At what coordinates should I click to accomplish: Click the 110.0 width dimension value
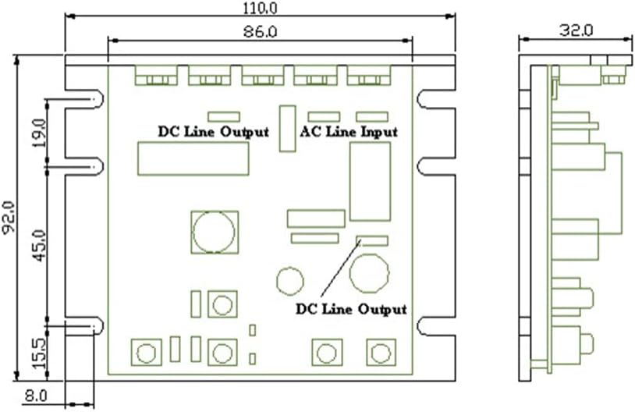[260, 9]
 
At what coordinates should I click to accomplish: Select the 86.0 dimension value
[260, 32]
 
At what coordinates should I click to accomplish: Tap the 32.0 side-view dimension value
[576, 30]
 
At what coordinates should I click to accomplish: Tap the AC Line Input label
[349, 132]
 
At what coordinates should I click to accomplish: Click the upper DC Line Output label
[213, 132]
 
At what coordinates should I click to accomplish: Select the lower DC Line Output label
[351, 309]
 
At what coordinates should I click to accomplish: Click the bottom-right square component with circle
[380, 353]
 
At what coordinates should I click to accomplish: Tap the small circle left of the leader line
[289, 279]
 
